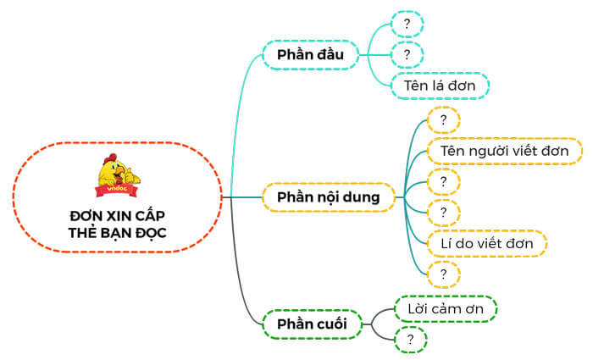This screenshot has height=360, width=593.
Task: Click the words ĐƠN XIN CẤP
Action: (118, 215)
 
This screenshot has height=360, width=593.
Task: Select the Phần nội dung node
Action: (329, 198)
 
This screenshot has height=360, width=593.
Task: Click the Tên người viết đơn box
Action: (504, 151)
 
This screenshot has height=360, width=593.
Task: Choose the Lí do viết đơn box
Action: (486, 244)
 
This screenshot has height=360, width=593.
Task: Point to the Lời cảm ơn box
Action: (446, 309)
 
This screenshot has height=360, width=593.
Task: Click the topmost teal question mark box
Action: (407, 24)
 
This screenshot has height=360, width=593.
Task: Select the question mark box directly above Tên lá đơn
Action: (407, 55)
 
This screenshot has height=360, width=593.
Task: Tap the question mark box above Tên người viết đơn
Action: (443, 119)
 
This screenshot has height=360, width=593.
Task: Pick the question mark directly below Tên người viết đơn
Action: (443, 181)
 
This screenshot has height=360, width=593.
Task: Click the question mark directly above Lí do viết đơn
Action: (443, 213)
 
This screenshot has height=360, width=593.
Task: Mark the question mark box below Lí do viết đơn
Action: (443, 274)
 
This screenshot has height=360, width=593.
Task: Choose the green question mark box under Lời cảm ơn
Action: (410, 340)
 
